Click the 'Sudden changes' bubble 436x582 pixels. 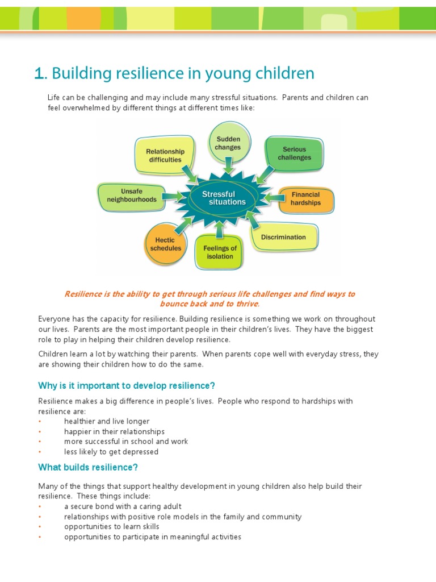(228, 143)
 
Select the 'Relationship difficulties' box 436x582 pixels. (165, 155)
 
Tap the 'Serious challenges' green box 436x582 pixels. (294, 153)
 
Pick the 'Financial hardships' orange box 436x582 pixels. (305, 199)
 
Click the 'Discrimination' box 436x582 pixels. (283, 237)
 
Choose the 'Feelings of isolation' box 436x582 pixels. (220, 252)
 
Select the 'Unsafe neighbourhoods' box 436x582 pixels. (131, 196)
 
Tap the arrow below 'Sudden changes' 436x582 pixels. (228, 165)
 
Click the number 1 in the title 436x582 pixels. (39, 74)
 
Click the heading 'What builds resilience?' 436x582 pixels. (88, 468)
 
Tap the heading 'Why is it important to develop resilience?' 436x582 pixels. (127, 386)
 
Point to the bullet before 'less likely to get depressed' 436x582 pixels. (40, 452)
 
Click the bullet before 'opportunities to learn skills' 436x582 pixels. (40, 527)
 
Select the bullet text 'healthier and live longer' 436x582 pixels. (107, 421)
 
